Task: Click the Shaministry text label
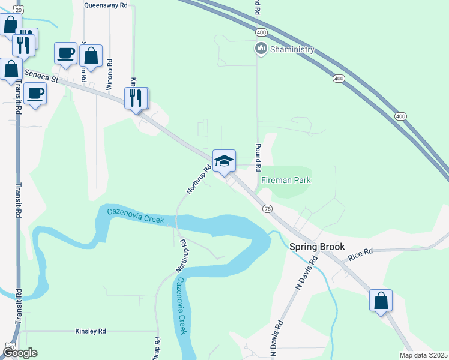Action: click(291, 49)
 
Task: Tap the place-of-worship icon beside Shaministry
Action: click(261, 48)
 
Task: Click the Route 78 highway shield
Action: click(267, 208)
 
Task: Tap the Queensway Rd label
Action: click(106, 5)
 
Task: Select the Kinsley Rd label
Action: click(91, 331)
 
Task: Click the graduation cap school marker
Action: click(224, 160)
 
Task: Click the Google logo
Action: click(20, 353)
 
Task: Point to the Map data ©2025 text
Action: click(423, 355)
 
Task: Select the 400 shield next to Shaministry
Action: click(261, 31)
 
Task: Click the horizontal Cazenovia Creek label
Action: click(136, 215)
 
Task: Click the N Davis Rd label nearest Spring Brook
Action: click(305, 274)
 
